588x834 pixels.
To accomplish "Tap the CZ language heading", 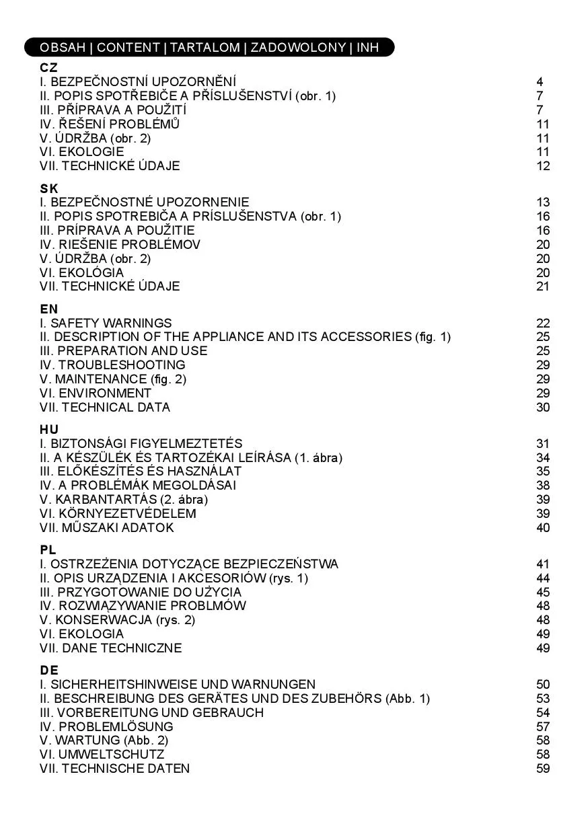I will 48,68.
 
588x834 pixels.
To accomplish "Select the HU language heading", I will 49,429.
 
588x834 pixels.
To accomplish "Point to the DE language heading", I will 49,670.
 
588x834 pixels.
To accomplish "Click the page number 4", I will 540,82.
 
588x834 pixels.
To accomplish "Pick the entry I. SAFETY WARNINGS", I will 106,323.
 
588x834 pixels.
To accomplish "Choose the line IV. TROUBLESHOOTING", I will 112,365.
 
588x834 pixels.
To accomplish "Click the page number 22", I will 543,323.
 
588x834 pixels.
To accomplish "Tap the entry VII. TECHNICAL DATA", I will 105,407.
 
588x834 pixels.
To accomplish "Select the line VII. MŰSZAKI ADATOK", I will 106,527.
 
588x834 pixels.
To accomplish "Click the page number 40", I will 543,527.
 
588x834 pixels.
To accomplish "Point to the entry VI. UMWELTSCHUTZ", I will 102,755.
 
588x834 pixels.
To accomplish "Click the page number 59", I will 543,768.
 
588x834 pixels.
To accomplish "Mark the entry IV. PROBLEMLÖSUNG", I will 106,726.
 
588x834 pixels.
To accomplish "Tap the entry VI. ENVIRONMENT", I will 96,393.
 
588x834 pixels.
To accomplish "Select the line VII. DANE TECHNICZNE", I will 110,648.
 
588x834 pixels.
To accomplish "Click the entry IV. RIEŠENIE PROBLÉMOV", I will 120,245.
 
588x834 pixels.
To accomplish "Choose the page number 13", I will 543,202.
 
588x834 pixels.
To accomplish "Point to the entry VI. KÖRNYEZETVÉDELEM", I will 118,513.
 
